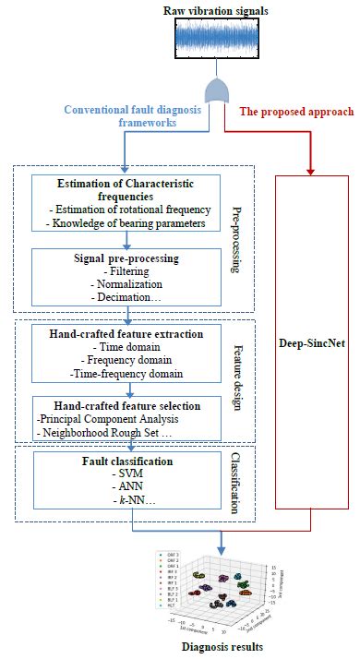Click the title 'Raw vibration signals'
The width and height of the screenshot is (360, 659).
(219, 9)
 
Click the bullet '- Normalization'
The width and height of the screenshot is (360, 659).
(127, 285)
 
